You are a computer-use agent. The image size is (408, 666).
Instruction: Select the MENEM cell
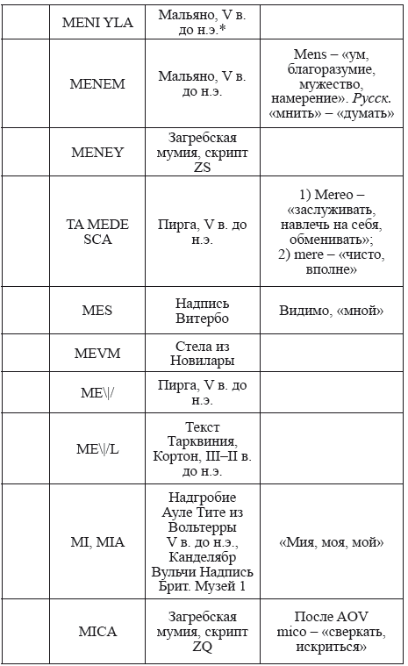(97, 84)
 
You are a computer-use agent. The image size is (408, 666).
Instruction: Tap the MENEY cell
(97, 152)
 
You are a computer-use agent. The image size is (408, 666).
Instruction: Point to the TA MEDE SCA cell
(97, 232)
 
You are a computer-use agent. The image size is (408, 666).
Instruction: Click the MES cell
(97, 311)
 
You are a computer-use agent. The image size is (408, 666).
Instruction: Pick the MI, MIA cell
(97, 541)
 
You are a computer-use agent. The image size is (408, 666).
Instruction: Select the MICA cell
(97, 632)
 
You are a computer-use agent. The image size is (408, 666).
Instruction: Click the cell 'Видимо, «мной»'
(332, 311)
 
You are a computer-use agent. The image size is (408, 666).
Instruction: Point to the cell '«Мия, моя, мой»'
(332, 542)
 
